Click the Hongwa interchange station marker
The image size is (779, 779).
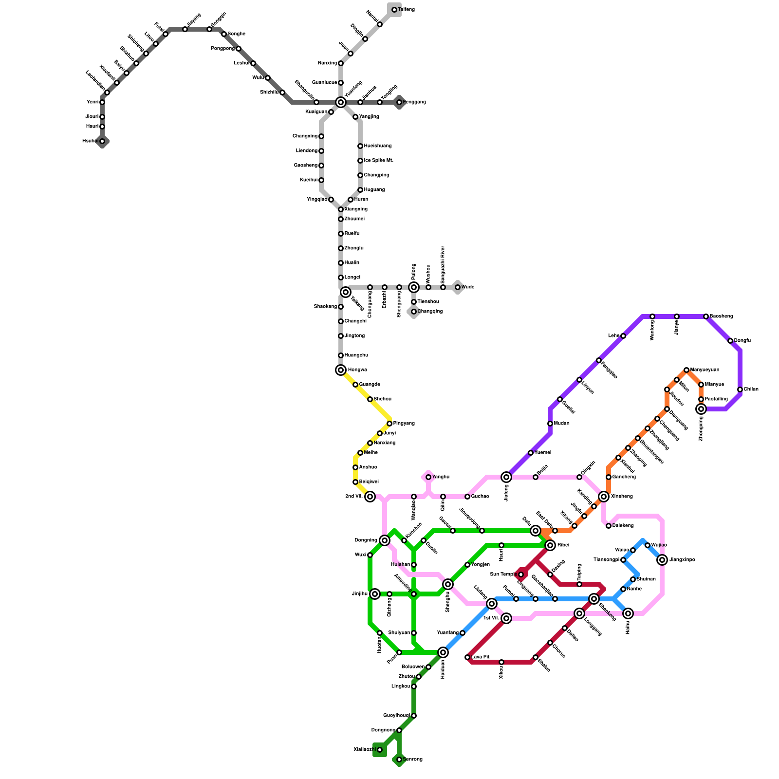341,370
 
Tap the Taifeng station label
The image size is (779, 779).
406,10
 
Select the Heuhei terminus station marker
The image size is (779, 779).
102,141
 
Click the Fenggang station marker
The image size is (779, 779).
399,102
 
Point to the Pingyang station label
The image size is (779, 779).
404,424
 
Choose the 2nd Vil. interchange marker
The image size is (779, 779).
370,497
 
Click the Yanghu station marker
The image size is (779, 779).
428,477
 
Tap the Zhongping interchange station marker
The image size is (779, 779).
701,409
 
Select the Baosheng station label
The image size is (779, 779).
721,316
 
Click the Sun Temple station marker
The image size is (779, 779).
521,575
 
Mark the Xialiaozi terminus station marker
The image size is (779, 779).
380,750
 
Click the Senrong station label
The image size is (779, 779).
413,760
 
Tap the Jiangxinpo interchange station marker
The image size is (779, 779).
662,560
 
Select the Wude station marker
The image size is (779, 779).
458,287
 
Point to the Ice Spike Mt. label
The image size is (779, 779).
378,161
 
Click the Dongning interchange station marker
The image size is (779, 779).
385,540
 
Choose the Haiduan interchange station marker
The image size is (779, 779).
443,652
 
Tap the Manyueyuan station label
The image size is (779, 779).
705,370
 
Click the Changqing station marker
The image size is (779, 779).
414,312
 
